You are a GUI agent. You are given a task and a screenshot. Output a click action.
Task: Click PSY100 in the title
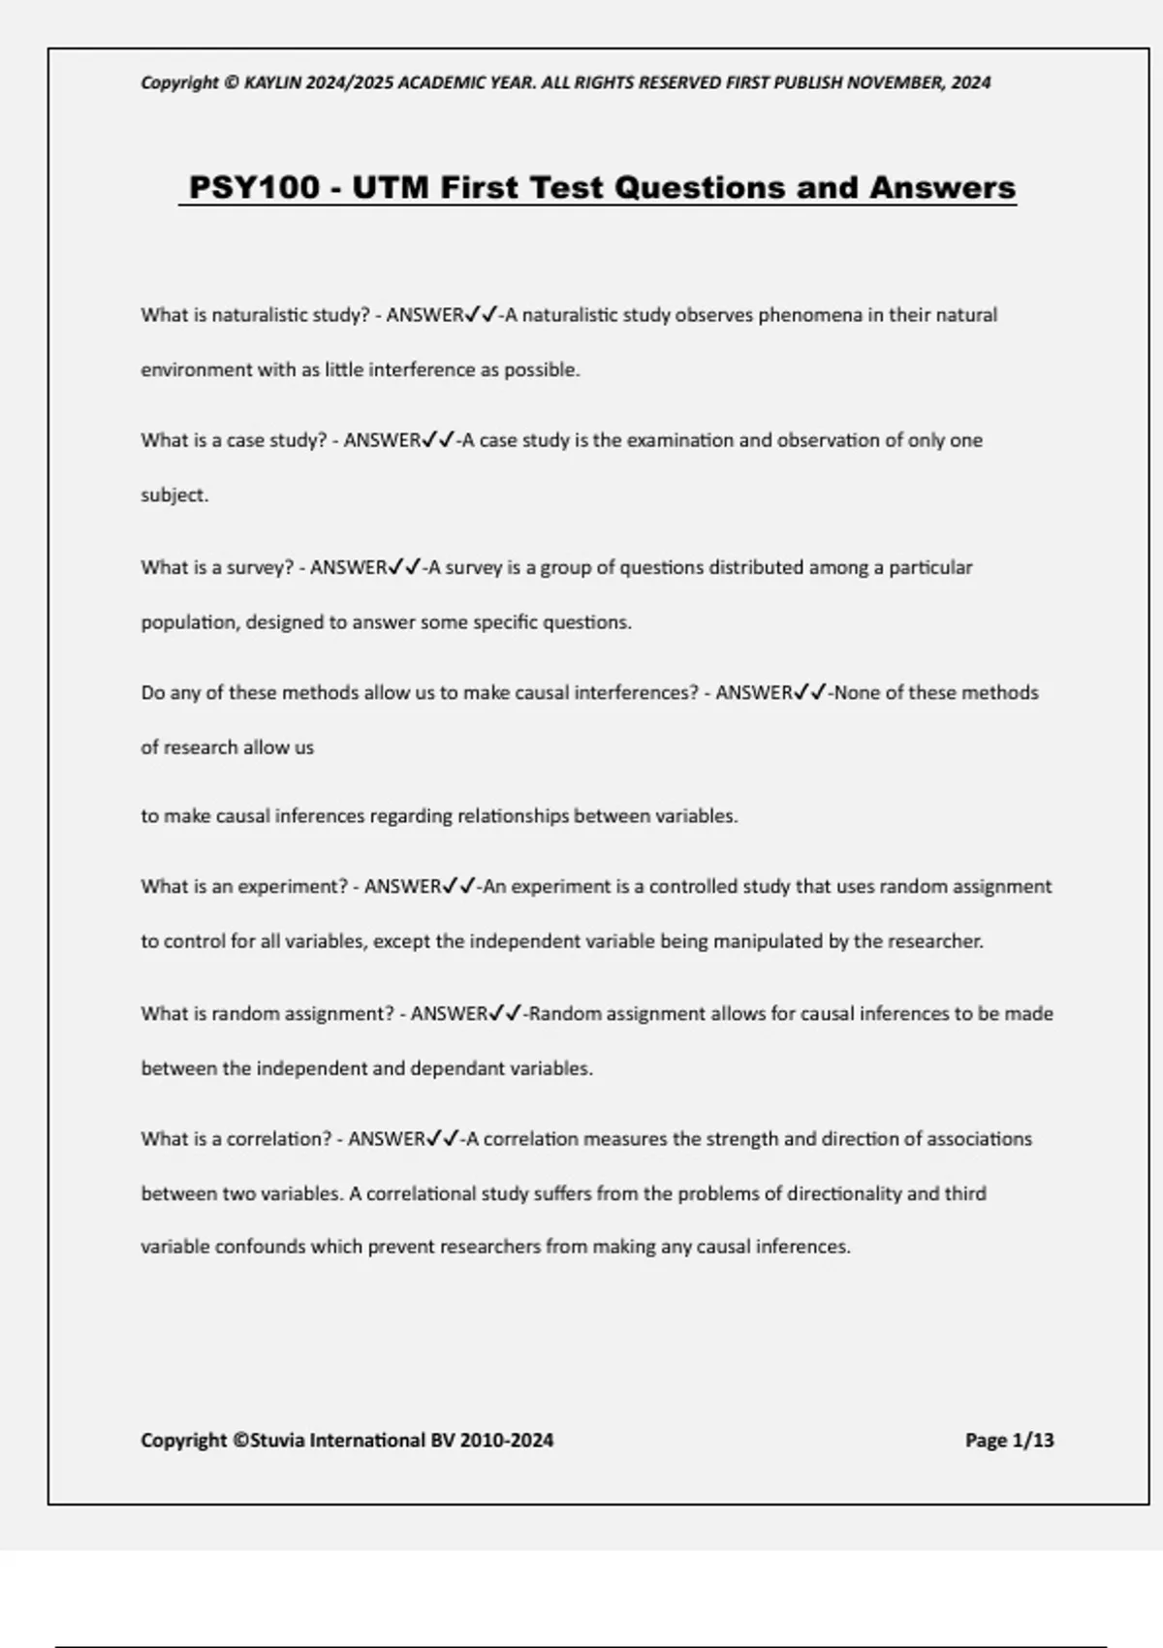click(254, 187)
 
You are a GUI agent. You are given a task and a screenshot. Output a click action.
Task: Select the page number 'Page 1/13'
click(1009, 1441)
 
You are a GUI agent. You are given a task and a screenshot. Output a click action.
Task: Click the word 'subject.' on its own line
click(174, 495)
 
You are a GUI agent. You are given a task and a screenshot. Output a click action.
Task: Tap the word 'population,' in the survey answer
click(189, 622)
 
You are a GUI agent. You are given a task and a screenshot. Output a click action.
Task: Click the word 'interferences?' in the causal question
click(636, 693)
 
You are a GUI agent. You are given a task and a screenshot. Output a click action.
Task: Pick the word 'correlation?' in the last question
click(279, 1139)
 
